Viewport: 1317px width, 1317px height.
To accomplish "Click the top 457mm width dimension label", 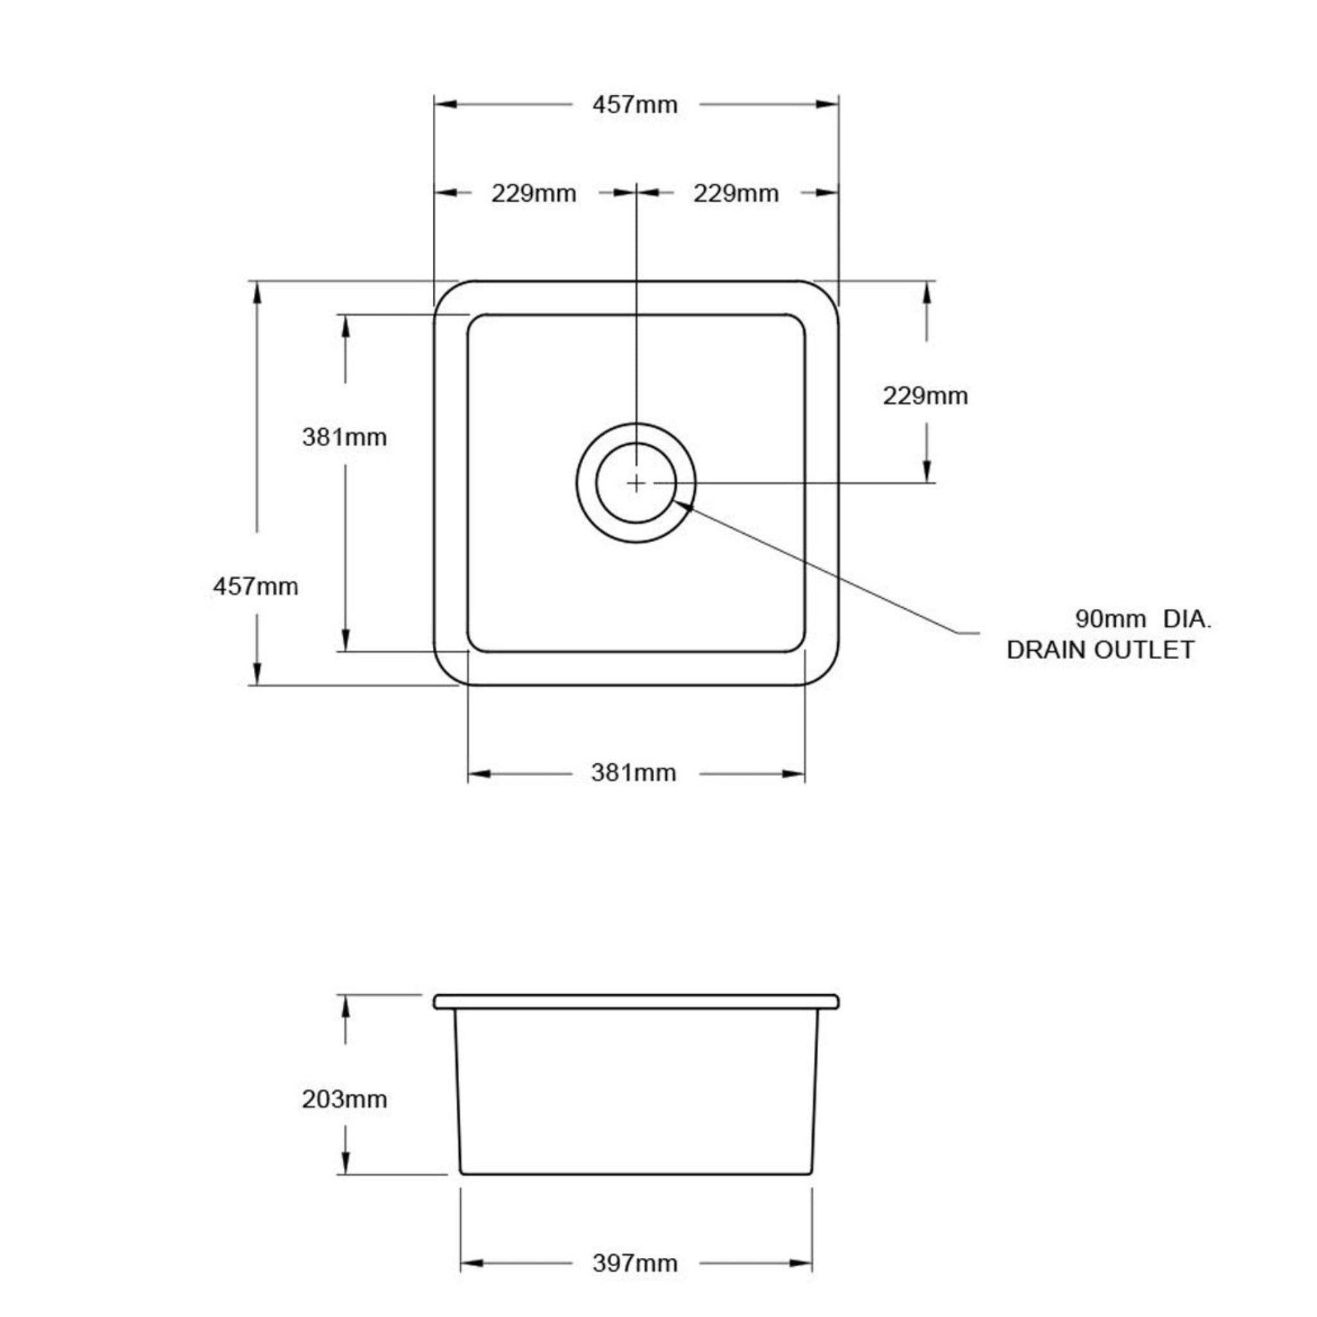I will pos(635,105).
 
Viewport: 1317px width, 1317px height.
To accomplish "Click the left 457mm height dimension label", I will pos(256,586).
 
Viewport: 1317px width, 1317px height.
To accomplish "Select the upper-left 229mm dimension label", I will pos(534,194).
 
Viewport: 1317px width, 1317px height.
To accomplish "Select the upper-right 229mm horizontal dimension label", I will pos(736,194).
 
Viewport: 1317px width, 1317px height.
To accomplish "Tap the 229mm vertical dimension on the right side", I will pos(925,396).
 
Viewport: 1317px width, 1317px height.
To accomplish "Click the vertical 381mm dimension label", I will pos(344,437).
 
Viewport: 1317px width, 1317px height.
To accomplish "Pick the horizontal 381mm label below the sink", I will pos(633,773).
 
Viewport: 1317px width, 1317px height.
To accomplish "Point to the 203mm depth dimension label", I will pos(344,1099).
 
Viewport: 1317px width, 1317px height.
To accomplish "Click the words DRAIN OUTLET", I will pos(1100,649).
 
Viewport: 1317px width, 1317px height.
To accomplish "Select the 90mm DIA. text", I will pos(1143,619).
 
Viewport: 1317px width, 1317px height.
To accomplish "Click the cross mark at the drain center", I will pos(635,484).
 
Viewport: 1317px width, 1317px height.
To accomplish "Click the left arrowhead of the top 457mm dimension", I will pos(445,104).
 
